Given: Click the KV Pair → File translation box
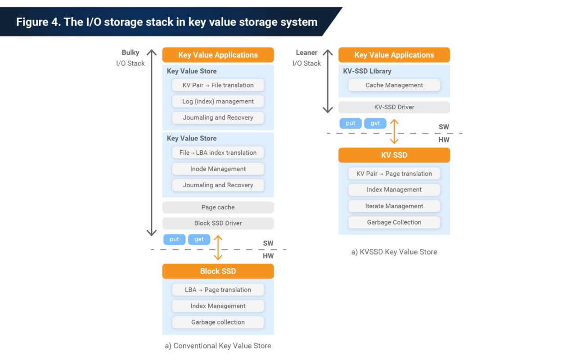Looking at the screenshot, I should click(218, 85).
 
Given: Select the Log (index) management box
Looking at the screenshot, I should click(218, 101).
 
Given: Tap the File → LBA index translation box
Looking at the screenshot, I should click(218, 153).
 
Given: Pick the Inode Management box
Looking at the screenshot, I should click(218, 169).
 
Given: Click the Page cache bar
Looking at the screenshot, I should click(218, 207).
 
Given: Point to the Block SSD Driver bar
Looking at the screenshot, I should click(218, 223).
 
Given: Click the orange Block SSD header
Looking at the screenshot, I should click(218, 271).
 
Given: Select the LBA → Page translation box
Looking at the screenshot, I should click(218, 290).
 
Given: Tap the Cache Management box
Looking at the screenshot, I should click(394, 85).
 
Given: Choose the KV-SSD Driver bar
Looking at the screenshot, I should click(394, 107).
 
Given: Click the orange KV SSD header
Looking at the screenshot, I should click(394, 155).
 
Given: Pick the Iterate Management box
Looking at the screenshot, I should click(394, 206).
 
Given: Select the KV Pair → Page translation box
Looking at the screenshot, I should click(394, 174).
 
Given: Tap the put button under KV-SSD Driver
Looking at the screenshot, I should click(351, 123).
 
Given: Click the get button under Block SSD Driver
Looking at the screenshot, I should click(199, 239).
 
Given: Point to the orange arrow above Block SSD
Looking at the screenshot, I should click(218, 247).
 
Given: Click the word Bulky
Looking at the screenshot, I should click(130, 53).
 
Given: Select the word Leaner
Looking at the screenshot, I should click(306, 53).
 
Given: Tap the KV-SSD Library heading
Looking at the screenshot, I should click(367, 71).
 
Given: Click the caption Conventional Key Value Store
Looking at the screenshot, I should click(218, 346).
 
